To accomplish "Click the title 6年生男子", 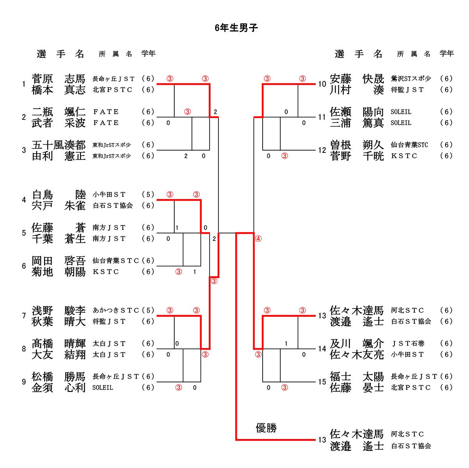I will tap(236, 28).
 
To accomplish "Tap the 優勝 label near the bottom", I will tap(266, 428).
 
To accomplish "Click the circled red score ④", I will tap(258, 238).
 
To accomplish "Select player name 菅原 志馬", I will tap(59, 79).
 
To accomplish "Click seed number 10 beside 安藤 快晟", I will tap(322, 84).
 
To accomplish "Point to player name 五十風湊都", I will tap(59, 145).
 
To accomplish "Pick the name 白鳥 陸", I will tap(59, 194).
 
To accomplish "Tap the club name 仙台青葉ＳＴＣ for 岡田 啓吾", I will tap(116, 260).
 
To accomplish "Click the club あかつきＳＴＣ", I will tap(116, 310).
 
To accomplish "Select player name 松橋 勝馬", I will tap(59, 377).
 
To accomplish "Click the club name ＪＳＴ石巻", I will tap(408, 343).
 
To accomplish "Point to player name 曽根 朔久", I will tap(357, 145).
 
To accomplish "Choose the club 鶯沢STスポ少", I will tap(411, 79).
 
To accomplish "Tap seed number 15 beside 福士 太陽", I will tap(322, 382).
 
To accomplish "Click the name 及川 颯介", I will tap(357, 343).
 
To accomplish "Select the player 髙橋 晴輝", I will tap(59, 343).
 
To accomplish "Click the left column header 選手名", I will tap(61, 54).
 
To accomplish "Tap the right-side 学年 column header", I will tap(446, 54).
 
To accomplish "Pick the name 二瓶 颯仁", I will tap(59, 112).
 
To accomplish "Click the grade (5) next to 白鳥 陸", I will tap(148, 194).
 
